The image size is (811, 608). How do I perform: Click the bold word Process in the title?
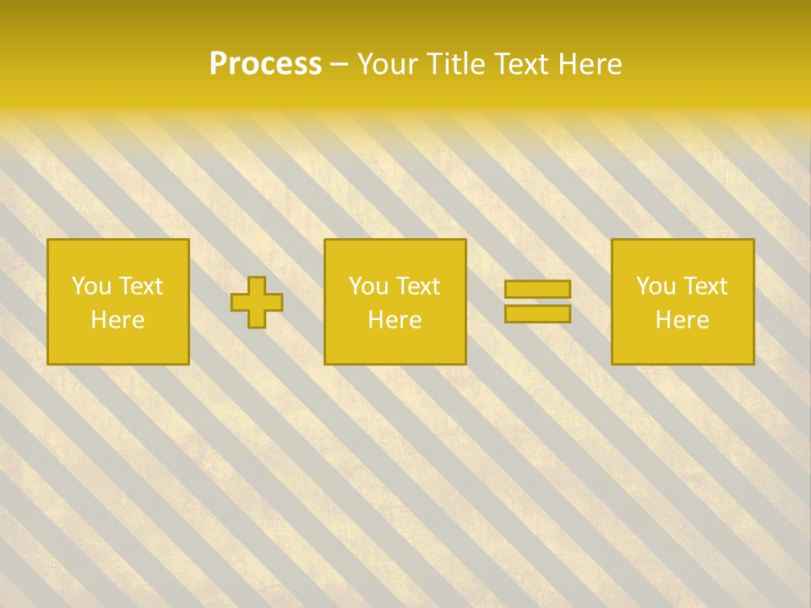click(265, 64)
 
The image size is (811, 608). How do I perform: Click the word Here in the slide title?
click(591, 64)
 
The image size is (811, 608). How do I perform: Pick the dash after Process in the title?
click(340, 65)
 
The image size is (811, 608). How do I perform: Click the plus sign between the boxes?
click(257, 302)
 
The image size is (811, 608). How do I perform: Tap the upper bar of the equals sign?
click(537, 289)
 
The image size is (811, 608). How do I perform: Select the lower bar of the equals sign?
click(537, 313)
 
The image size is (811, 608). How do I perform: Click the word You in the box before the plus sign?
click(90, 286)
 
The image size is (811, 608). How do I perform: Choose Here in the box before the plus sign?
click(117, 320)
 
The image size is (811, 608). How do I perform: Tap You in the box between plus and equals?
click(367, 286)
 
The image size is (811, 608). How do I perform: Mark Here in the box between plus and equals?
click(395, 320)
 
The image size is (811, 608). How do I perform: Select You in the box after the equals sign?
click(655, 286)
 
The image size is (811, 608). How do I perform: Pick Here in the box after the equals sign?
click(682, 320)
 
